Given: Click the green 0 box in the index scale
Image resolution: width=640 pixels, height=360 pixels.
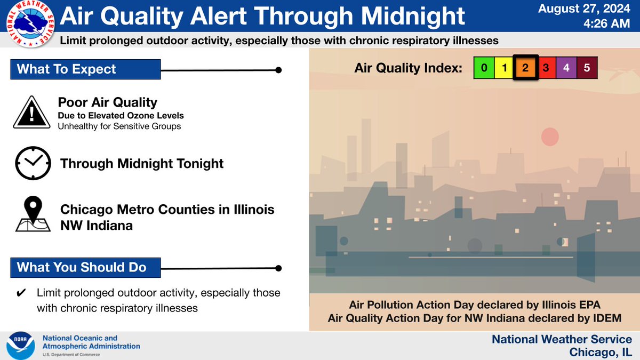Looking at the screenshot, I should pyautogui.click(x=484, y=68).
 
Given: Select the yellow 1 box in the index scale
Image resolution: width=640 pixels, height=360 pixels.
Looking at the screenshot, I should pyautogui.click(x=504, y=68).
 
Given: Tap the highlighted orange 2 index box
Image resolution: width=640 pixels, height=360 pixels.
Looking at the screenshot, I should pyautogui.click(x=525, y=68).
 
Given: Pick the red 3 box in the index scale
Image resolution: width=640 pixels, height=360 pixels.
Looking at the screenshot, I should pyautogui.click(x=546, y=68).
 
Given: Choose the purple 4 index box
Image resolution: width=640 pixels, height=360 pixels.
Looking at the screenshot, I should pyautogui.click(x=566, y=68).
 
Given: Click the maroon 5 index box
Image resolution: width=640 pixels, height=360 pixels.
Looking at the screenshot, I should pyautogui.click(x=587, y=68).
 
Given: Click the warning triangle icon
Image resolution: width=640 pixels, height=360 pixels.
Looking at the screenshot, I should pyautogui.click(x=33, y=113).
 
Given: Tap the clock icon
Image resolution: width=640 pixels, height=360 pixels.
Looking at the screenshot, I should pyautogui.click(x=33, y=163).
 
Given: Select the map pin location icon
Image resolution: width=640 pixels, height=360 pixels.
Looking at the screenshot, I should pyautogui.click(x=34, y=214).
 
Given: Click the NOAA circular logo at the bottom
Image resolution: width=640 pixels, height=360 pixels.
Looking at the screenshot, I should pyautogui.click(x=21, y=345).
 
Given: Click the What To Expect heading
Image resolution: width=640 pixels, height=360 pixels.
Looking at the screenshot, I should pyautogui.click(x=67, y=69).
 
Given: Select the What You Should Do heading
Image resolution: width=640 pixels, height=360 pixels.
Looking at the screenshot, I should pyautogui.click(x=82, y=267).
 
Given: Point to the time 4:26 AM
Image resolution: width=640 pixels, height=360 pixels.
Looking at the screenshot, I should pyautogui.click(x=604, y=25).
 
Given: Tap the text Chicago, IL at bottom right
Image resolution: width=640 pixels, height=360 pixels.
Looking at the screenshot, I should pyautogui.click(x=601, y=352).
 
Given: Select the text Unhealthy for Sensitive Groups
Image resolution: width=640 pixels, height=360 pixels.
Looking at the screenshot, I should pyautogui.click(x=119, y=126).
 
